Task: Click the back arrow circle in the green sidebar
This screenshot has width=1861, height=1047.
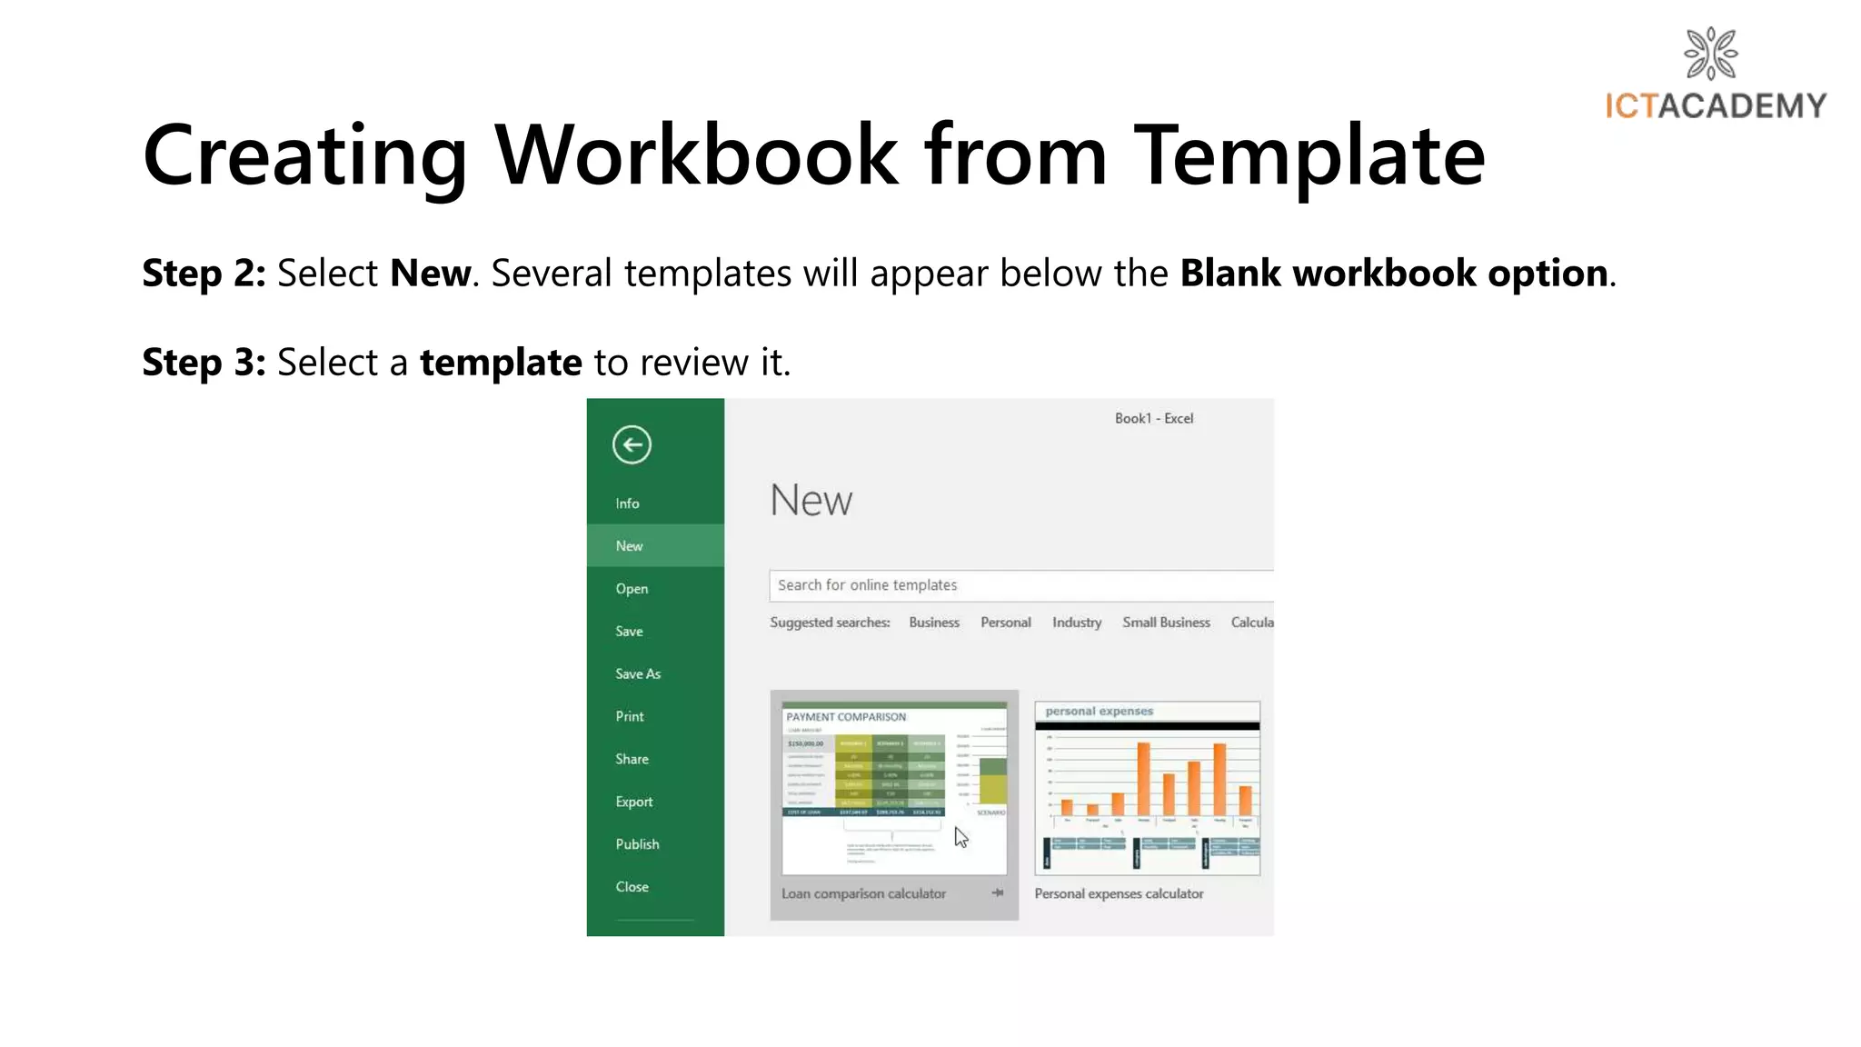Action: (632, 445)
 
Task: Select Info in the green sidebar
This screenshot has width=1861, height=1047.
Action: (627, 504)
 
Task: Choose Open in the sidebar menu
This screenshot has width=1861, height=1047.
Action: (632, 589)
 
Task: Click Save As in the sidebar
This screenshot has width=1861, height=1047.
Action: (638, 674)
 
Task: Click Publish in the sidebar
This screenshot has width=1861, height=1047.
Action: (637, 844)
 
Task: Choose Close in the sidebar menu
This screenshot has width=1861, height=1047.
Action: (632, 887)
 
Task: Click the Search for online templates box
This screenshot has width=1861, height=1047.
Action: (1018, 585)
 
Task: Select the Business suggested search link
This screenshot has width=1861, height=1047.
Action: (934, 623)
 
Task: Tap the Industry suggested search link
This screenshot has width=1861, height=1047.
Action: (1077, 623)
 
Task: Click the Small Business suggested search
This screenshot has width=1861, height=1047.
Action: (1166, 623)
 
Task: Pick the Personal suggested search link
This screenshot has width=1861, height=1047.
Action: (1006, 623)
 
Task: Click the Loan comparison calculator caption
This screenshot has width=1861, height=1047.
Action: (863, 894)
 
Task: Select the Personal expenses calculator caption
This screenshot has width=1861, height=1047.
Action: (1119, 894)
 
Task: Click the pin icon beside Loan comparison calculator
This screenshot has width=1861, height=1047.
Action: (998, 893)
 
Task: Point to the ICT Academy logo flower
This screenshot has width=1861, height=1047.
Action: (1710, 54)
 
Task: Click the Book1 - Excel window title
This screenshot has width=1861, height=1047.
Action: (1154, 419)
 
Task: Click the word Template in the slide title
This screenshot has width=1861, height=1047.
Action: (1309, 156)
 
